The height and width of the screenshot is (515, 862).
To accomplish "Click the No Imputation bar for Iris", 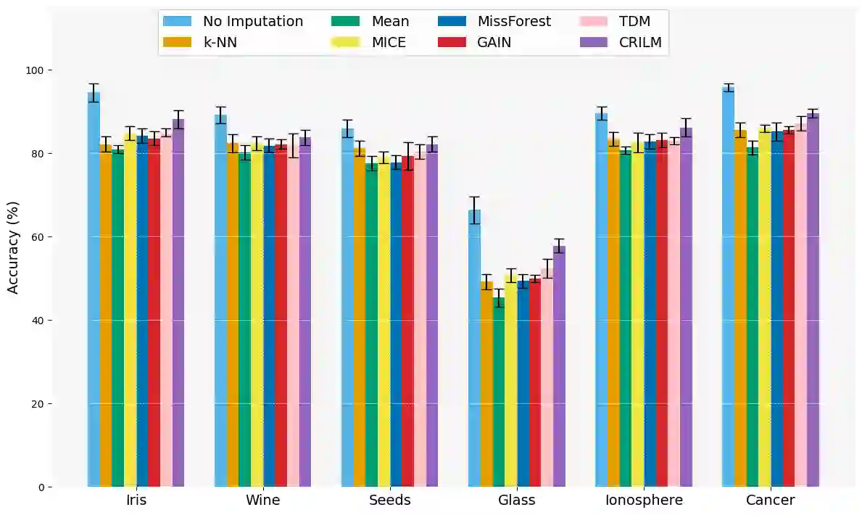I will pos(94,290).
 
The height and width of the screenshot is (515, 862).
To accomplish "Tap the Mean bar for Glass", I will pos(499,392).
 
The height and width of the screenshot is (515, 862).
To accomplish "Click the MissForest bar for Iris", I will pos(142,311).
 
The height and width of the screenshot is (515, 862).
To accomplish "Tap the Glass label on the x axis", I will pos(517,500).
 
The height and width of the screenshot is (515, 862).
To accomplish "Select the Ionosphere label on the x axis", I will pos(644,500).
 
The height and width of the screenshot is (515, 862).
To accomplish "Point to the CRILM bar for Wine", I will pos(305,312).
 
